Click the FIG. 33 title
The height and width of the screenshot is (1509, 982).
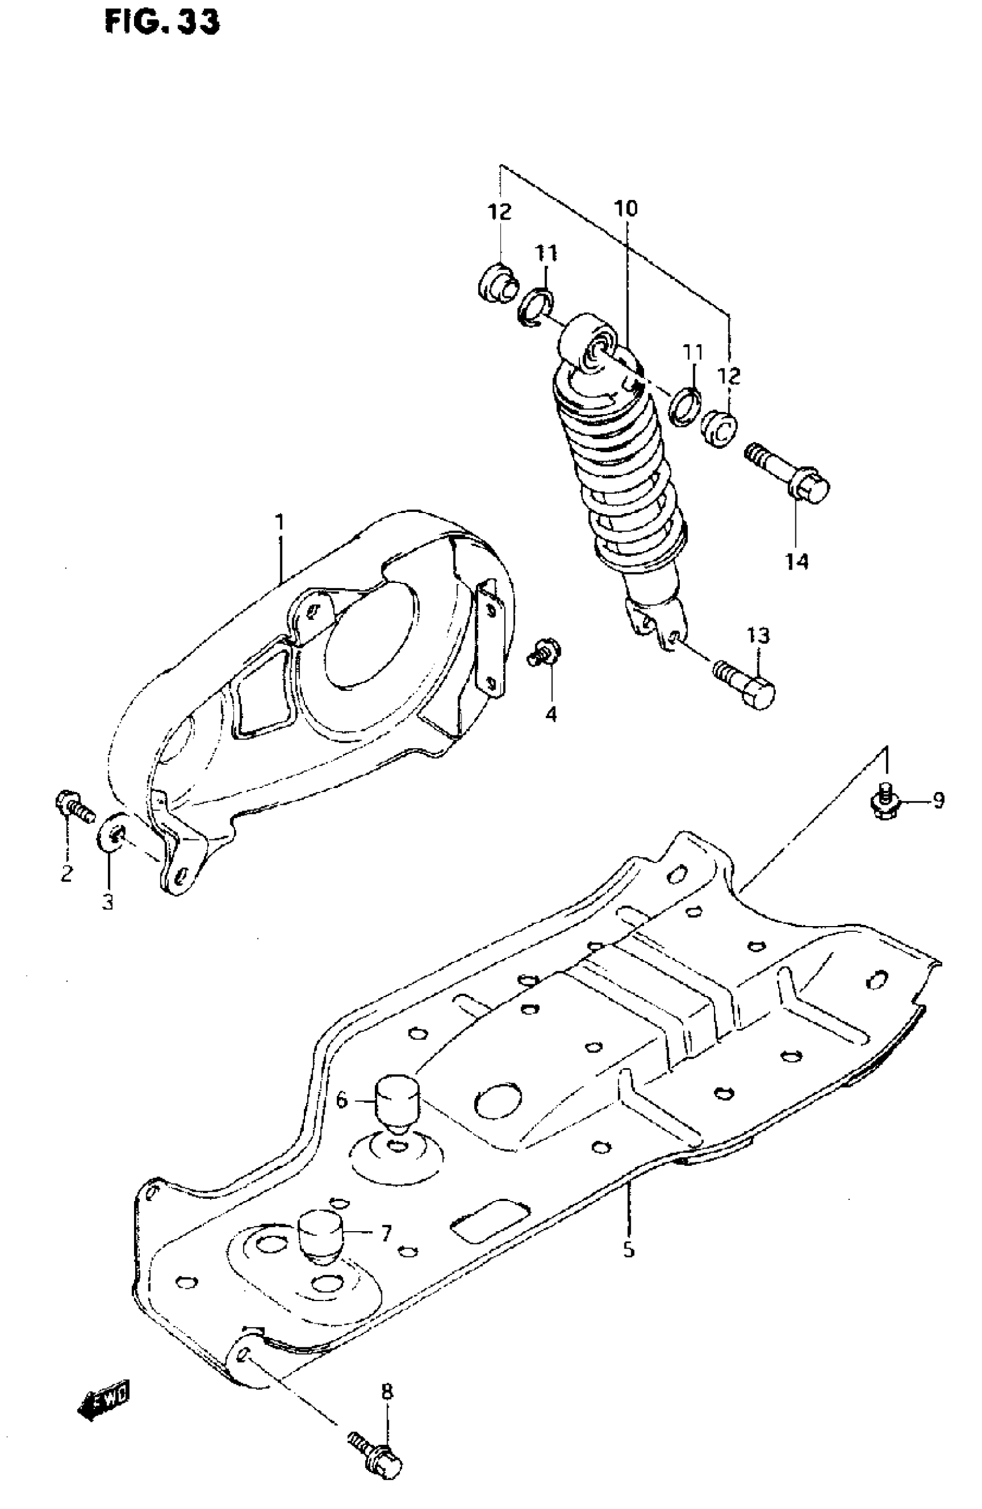tap(162, 22)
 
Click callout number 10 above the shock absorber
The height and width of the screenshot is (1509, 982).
tap(625, 208)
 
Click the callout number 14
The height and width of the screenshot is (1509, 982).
tap(797, 560)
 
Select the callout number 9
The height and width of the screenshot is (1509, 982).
tap(938, 801)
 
